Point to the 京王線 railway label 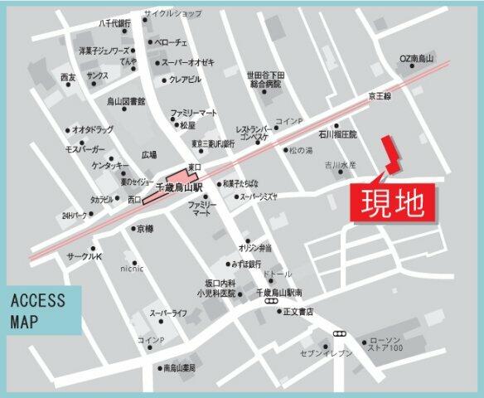[381, 97]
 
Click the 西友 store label [68, 77]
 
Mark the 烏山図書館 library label [127, 101]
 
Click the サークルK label [75, 258]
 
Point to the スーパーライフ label [168, 313]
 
